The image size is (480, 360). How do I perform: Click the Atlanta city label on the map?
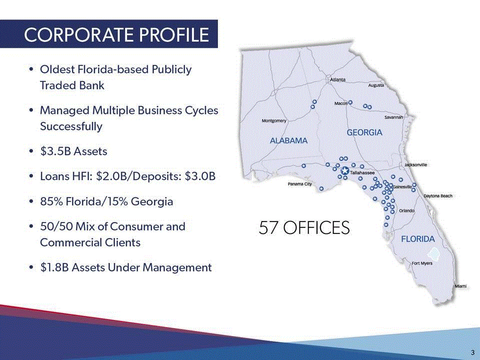click(337, 79)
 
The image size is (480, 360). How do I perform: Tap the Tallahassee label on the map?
click(362, 173)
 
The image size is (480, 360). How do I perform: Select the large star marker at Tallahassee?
click(345, 170)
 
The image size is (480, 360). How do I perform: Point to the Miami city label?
click(460, 286)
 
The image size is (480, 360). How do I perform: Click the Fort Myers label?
click(422, 263)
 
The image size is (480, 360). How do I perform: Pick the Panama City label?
click(299, 184)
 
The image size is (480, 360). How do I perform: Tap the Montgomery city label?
click(274, 121)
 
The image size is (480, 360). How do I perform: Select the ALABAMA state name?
click(288, 140)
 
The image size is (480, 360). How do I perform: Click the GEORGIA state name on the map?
click(364, 132)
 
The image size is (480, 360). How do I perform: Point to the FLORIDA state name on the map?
click(418, 239)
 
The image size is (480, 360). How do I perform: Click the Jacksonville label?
click(415, 165)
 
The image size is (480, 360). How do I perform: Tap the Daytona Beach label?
click(438, 196)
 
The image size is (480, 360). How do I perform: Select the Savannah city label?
click(393, 117)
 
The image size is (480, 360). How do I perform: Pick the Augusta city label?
click(376, 85)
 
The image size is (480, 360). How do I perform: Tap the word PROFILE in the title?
click(174, 34)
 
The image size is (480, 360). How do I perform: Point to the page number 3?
click(473, 351)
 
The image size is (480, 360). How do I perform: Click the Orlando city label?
click(406, 211)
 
